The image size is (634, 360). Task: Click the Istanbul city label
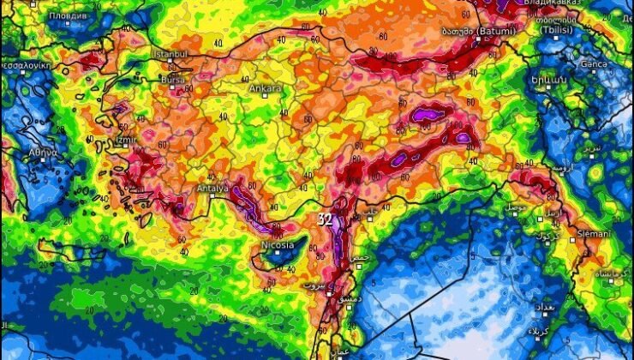[169, 53]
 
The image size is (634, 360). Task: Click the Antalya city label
[212, 188]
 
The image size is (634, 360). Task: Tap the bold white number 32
[325, 219]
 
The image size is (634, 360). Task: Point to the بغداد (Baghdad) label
[570, 306]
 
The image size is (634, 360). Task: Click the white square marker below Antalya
[211, 195]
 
